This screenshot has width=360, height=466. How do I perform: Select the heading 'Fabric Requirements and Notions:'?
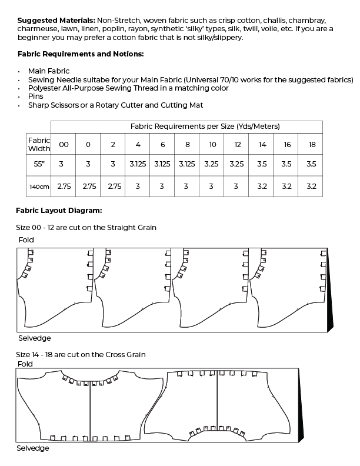tap(81, 54)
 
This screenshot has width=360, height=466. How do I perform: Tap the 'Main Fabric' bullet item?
tap(49, 71)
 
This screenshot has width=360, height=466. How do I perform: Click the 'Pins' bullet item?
tap(36, 96)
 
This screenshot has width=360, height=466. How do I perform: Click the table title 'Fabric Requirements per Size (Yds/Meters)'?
tap(205, 127)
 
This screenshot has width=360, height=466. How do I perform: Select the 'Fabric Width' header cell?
tap(39, 143)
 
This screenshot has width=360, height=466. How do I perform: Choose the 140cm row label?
tap(39, 187)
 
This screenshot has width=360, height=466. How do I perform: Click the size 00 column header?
tap(64, 144)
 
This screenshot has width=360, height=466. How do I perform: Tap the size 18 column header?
tap(311, 144)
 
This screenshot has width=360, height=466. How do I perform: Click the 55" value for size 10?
tap(212, 165)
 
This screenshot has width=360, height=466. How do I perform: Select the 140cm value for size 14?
tap(262, 187)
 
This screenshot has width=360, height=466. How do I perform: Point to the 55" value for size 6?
tap(162, 165)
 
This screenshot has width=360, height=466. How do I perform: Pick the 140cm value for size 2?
tap(113, 187)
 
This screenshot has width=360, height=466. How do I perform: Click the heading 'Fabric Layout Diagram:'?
tap(59, 210)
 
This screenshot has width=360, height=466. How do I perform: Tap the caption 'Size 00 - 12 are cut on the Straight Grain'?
tap(86, 227)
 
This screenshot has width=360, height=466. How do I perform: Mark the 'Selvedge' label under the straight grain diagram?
tap(34, 338)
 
